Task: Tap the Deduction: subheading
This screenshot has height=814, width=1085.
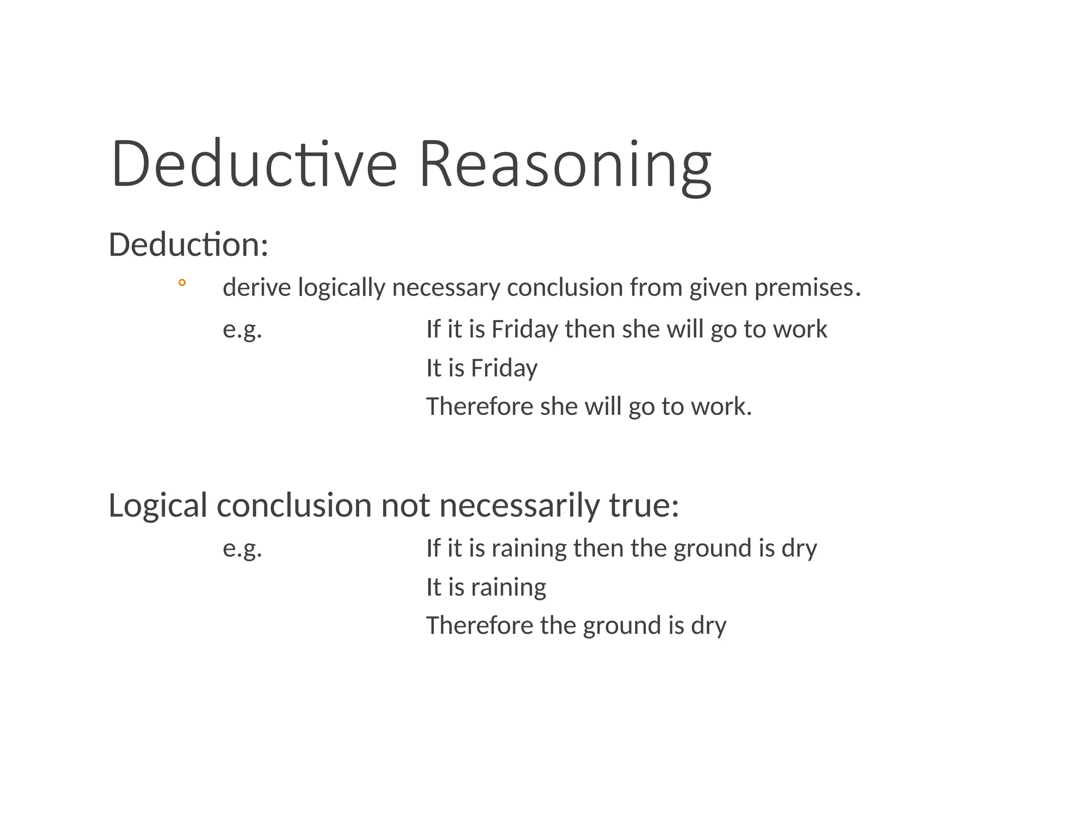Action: click(188, 245)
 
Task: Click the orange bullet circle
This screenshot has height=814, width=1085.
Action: click(182, 283)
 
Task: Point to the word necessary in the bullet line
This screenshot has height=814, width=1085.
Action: click(446, 288)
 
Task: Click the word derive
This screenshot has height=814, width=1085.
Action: click(257, 288)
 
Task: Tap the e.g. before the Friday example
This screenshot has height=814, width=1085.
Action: click(242, 330)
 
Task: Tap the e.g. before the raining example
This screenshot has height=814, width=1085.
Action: click(242, 548)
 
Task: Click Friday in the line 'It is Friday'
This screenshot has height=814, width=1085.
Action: click(504, 368)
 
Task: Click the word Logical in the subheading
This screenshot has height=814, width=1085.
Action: click(157, 505)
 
